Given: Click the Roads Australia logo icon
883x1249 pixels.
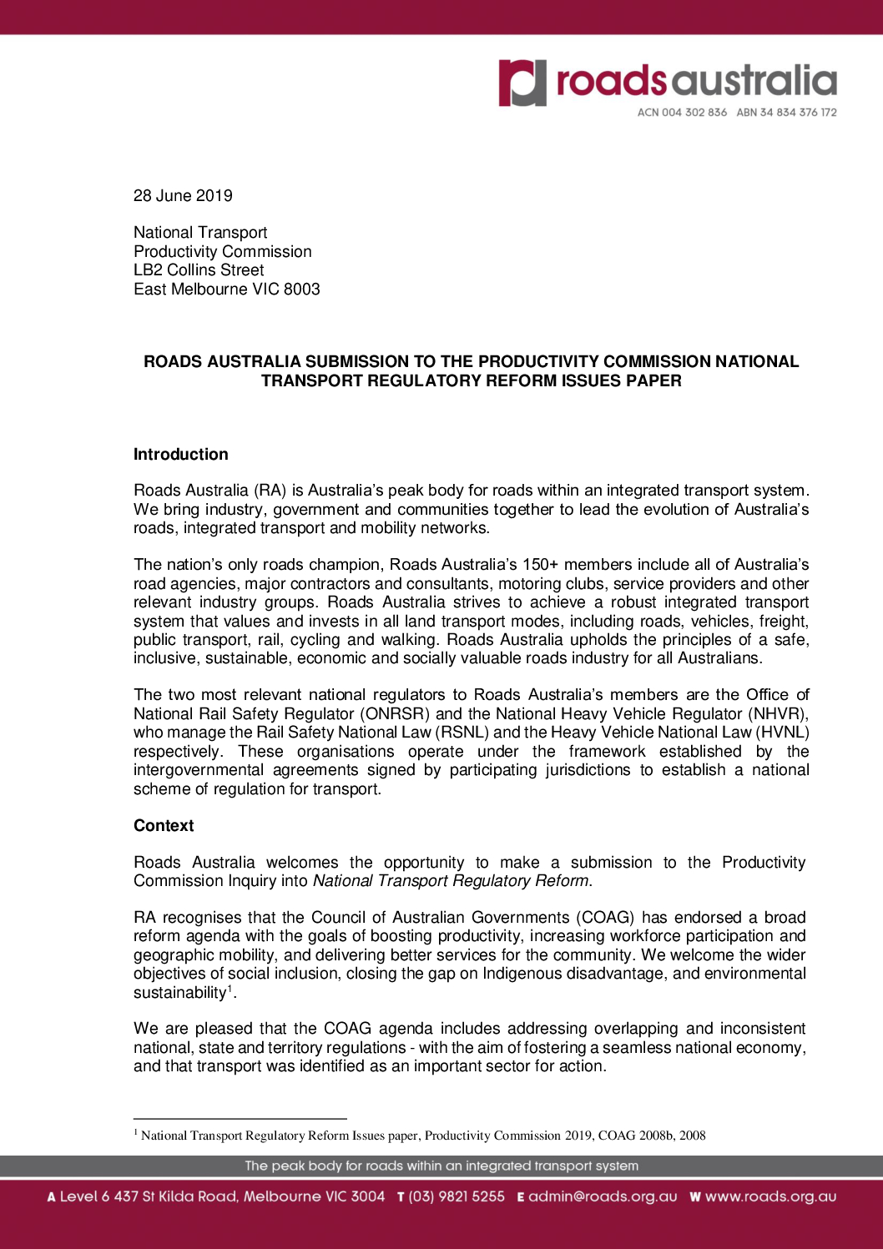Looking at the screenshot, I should click(522, 83).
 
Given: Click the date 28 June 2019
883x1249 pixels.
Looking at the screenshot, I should click(183, 196).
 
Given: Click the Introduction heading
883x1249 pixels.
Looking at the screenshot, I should click(181, 455).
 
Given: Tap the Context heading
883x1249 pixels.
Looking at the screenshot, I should click(164, 826).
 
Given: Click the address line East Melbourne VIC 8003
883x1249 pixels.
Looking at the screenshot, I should click(226, 290).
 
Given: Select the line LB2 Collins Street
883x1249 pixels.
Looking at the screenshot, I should click(199, 270).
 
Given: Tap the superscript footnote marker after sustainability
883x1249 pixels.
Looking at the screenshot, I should click(230, 989).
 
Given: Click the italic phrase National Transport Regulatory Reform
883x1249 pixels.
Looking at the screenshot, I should click(451, 881).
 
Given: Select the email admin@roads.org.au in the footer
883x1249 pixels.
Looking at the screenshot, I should click(603, 1196).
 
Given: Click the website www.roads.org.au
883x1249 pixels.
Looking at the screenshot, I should click(770, 1196).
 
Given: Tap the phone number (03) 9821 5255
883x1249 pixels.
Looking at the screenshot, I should click(457, 1196).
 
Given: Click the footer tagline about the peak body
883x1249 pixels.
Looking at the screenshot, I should click(441, 1166).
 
